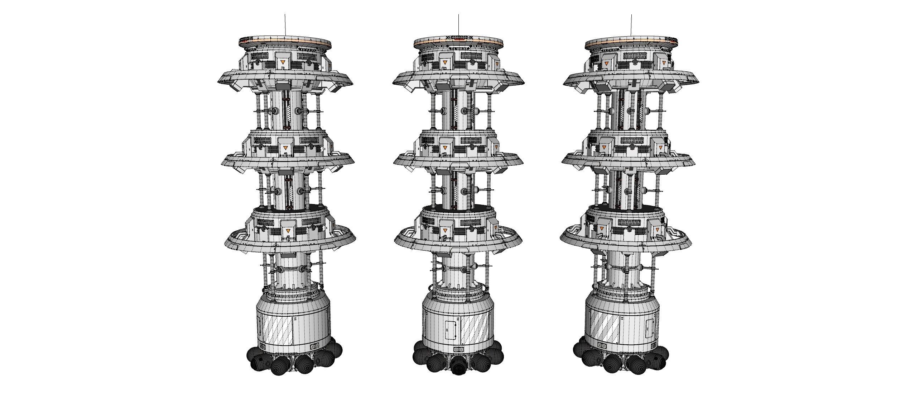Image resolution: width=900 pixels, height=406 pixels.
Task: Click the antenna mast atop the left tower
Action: click(285, 25)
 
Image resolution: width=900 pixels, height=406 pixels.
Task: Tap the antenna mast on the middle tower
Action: click(459, 25)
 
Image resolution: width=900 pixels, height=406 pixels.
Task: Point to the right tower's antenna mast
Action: click(631, 25)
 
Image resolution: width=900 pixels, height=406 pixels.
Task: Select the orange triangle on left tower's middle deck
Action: click(285, 148)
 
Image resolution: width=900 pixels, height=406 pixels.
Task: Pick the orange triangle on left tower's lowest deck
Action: click(289, 231)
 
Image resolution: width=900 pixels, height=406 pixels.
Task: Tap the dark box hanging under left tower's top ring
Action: click(283, 86)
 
